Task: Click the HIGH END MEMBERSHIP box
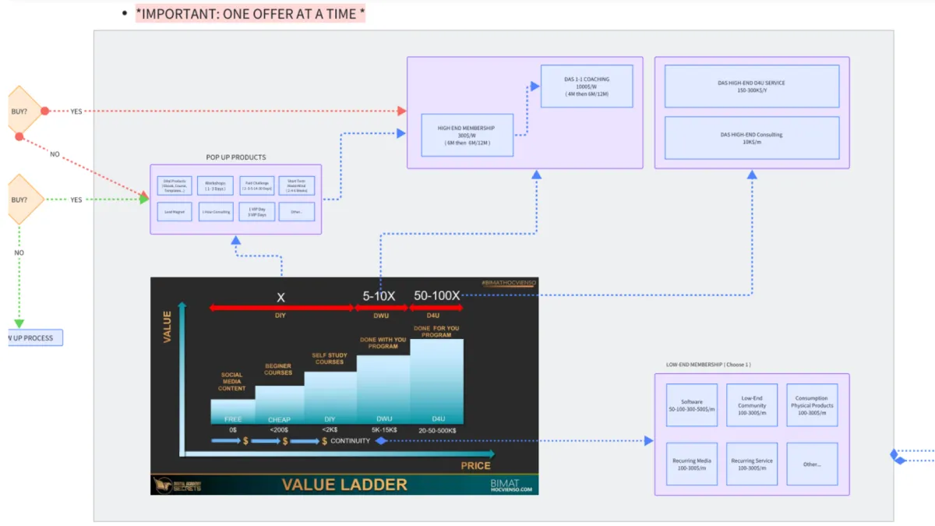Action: point(467,135)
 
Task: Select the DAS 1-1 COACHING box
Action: point(586,86)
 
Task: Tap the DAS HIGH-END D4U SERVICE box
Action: point(751,86)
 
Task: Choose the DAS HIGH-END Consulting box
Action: point(751,138)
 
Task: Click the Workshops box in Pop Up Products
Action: point(215,186)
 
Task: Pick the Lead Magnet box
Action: point(174,211)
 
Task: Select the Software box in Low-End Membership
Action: point(692,405)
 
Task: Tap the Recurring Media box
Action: point(692,464)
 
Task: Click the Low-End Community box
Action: point(752,405)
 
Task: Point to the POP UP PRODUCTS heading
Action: point(235,157)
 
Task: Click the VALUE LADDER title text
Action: point(344,485)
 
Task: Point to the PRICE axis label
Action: point(475,465)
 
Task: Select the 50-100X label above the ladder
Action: point(436,296)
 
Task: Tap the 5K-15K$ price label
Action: point(383,429)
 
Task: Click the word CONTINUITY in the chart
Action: point(350,441)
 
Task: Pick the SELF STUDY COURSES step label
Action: point(329,358)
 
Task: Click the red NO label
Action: point(55,154)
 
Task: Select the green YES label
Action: point(76,200)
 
